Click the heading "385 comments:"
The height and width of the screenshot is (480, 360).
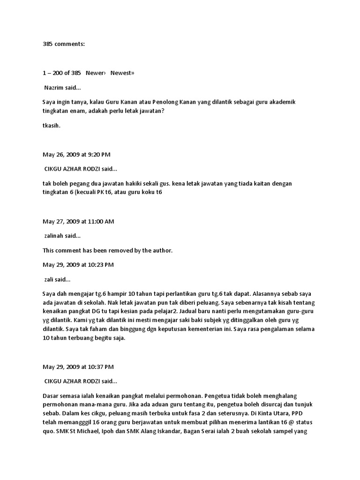pyautogui.click(x=64, y=44)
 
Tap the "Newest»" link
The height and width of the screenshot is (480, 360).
pyautogui.click(x=122, y=73)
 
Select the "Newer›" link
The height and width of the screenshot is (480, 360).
pyautogui.click(x=96, y=73)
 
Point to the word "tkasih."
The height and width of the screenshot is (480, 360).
pyautogui.click(x=52, y=125)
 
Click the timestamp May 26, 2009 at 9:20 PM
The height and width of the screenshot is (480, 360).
pyautogui.click(x=76, y=154)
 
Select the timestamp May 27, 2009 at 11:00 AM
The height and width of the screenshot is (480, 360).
pyautogui.click(x=78, y=221)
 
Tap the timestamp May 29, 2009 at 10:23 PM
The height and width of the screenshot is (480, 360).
pyautogui.click(x=78, y=265)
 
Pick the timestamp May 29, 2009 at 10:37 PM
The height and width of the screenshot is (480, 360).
pyautogui.click(x=78, y=367)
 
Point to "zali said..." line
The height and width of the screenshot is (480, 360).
pyautogui.click(x=57, y=279)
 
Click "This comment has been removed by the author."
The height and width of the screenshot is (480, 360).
pyautogui.click(x=107, y=250)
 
